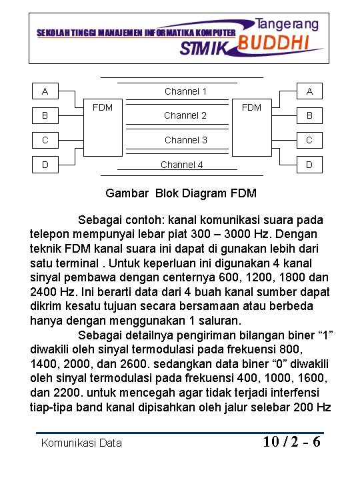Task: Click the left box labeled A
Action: click(45, 91)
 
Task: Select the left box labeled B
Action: click(45, 115)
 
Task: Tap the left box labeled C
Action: click(45, 140)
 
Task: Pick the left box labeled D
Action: click(45, 164)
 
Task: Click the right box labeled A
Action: click(309, 91)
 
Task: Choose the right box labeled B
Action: click(309, 115)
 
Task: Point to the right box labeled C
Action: click(309, 140)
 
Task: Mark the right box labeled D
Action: click(309, 164)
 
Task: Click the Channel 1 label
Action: click(185, 91)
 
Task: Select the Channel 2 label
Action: click(185, 115)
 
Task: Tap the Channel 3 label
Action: click(185, 140)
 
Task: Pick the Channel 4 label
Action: click(181, 165)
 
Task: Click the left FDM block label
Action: click(103, 107)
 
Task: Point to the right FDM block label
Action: click(251, 107)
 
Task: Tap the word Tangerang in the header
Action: click(287, 24)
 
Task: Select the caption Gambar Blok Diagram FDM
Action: click(181, 194)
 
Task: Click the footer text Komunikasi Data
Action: click(81, 443)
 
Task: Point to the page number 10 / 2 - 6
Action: click(291, 441)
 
